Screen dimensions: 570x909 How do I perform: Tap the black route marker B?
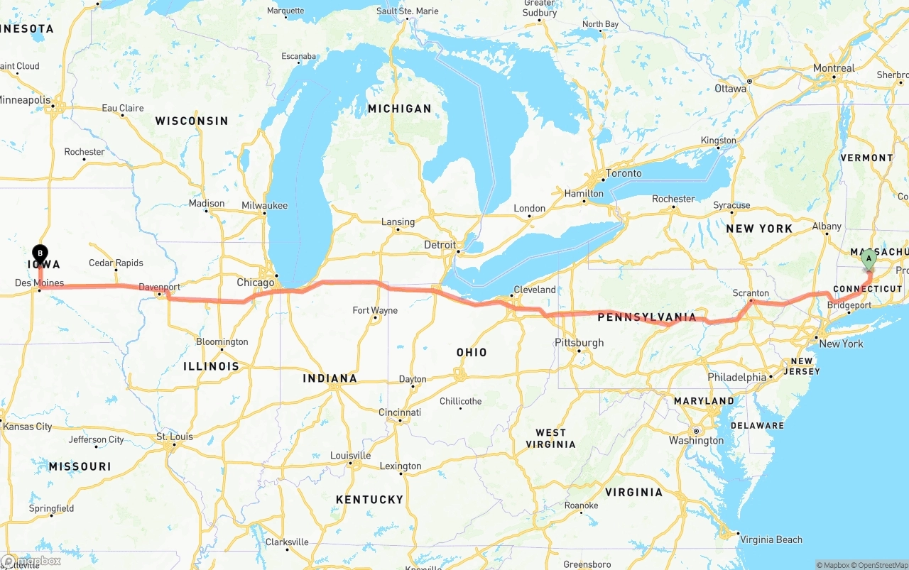pos(40,252)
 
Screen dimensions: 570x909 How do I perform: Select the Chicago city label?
pos(255,283)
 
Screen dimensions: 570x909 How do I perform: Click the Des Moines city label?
pos(39,283)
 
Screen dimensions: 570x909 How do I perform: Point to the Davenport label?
pos(159,287)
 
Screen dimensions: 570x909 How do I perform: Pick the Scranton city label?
pos(751,293)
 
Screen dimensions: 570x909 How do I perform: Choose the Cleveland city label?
pos(534,290)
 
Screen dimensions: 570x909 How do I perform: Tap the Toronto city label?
pos(624,173)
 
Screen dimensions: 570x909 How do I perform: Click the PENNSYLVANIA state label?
pos(647,317)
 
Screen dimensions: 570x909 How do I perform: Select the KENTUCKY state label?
pos(369,500)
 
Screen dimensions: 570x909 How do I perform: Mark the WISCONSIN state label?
pos(192,121)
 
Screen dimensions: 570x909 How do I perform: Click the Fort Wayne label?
pos(375,310)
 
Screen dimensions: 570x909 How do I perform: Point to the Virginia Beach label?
pos(771,539)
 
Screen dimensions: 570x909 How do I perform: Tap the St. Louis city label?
pos(174,437)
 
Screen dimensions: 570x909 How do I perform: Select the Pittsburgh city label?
pos(579,343)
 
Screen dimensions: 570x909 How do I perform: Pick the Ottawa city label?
pos(730,89)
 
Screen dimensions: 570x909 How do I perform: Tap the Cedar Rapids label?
pos(116,263)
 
